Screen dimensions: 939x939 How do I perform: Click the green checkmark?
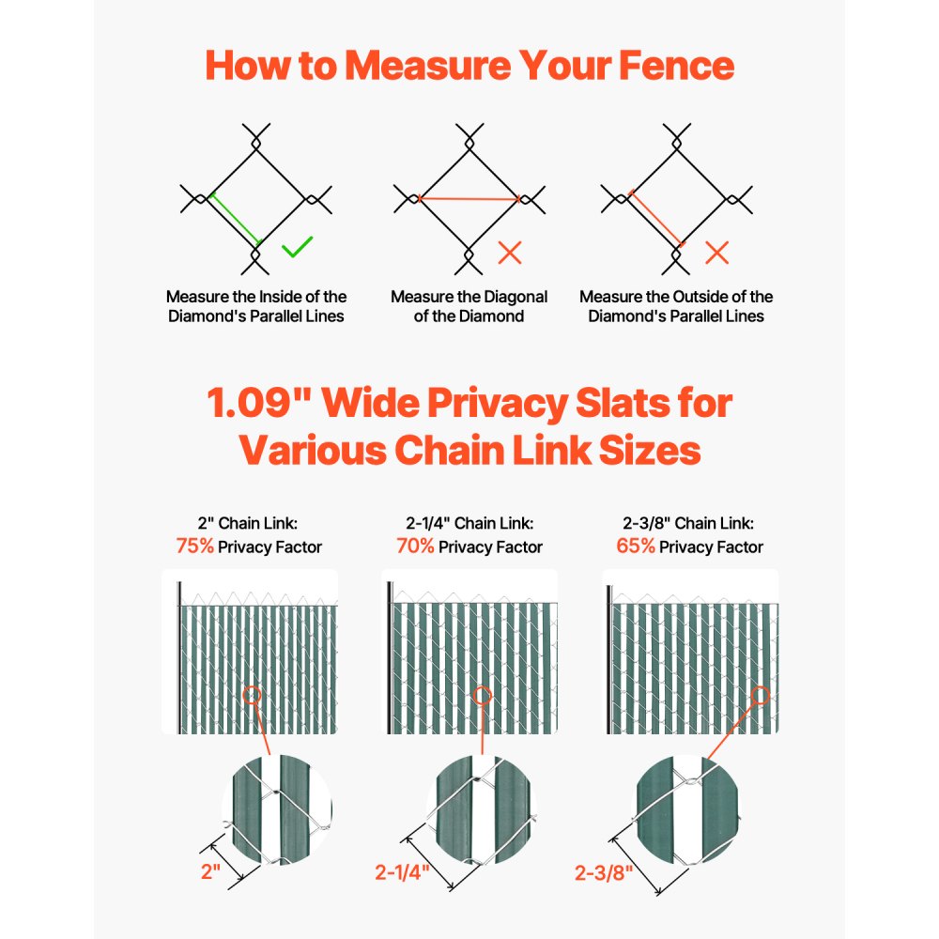tap(297, 249)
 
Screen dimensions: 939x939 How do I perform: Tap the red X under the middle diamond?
tap(510, 252)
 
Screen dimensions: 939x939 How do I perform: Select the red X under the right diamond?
tap(717, 252)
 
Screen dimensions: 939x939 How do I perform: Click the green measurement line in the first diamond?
tap(235, 220)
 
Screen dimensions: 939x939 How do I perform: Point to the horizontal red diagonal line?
tap(469, 199)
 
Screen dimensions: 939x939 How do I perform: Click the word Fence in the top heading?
tap(668, 67)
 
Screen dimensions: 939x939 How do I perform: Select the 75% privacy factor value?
tap(194, 546)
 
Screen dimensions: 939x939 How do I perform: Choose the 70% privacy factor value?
tap(415, 546)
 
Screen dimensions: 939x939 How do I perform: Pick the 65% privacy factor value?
tap(636, 546)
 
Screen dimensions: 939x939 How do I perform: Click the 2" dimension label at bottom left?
tap(211, 870)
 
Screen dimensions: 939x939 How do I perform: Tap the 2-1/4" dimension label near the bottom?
tap(403, 872)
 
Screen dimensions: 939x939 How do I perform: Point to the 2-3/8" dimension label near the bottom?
tap(604, 872)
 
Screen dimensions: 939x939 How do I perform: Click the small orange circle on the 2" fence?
tap(252, 696)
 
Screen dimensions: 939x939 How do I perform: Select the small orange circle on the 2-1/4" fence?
tap(483, 696)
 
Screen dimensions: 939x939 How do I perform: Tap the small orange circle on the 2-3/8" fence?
tap(761, 696)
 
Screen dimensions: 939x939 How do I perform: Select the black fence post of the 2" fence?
tap(177, 657)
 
